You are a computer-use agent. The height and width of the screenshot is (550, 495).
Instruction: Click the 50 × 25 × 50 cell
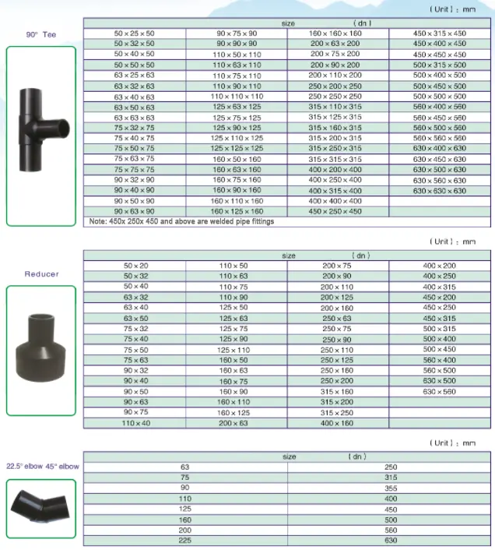(134, 33)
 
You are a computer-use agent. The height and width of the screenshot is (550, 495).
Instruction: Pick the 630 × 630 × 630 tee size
(440, 191)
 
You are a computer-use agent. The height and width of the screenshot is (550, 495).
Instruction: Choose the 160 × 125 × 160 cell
(237, 212)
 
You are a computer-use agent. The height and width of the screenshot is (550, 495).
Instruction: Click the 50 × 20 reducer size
(134, 266)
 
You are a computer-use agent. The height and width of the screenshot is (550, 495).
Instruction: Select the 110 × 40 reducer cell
(134, 423)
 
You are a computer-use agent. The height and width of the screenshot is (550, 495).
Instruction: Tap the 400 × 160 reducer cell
(337, 423)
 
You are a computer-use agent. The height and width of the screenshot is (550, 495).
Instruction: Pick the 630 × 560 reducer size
(440, 391)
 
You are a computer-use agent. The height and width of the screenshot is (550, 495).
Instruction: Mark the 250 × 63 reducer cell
(337, 318)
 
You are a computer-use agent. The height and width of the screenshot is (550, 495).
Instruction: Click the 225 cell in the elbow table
(184, 540)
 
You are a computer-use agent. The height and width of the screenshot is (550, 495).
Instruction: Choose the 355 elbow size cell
(390, 488)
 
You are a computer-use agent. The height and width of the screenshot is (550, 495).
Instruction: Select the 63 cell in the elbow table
(184, 467)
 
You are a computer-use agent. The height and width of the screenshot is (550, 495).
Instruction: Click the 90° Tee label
(41, 35)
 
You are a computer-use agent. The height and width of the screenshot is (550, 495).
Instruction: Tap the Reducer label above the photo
(41, 274)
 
